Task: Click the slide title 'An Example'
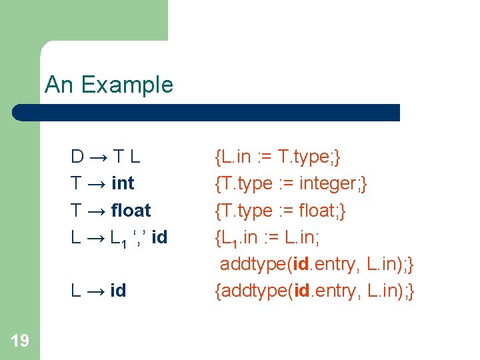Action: tap(109, 85)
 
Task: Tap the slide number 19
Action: tap(20, 341)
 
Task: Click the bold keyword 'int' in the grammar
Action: tap(123, 183)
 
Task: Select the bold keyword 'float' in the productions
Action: tap(131, 210)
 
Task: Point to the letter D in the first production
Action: tap(78, 157)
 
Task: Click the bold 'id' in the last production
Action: tap(118, 291)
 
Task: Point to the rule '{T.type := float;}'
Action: tap(280, 210)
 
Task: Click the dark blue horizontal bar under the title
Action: tap(207, 112)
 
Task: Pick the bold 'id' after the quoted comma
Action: tap(159, 237)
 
